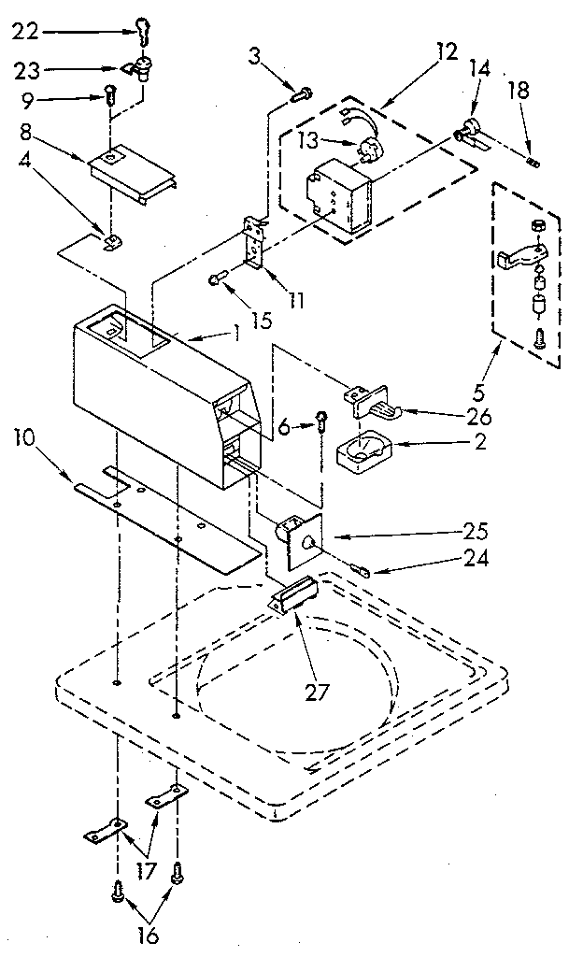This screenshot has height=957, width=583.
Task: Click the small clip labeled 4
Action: [112, 244]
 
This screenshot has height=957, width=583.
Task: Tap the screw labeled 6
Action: [321, 422]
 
